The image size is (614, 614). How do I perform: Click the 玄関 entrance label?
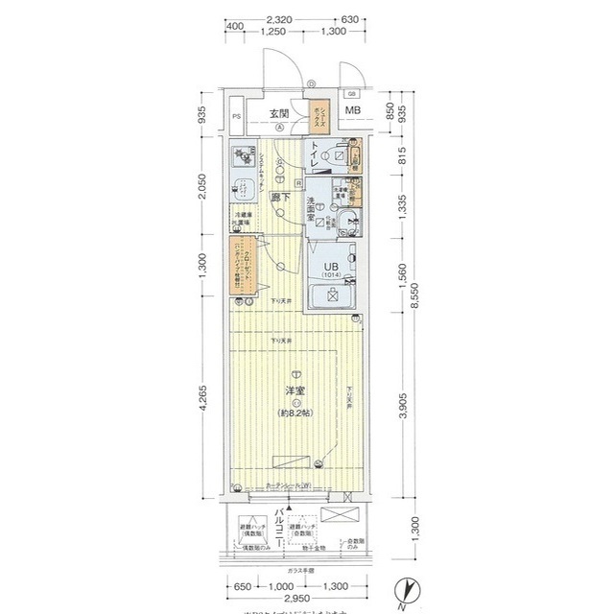[x=279, y=111]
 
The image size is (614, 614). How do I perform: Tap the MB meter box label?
[x=353, y=111]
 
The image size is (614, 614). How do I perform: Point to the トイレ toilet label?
[x=314, y=155]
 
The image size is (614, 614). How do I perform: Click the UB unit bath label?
[x=329, y=268]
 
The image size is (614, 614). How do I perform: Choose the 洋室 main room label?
[x=295, y=391]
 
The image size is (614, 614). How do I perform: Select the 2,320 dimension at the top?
[x=279, y=19]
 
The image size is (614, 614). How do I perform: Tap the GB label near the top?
[x=352, y=93]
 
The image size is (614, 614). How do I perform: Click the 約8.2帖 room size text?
[x=295, y=413]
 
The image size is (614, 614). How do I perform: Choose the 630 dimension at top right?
[x=349, y=19]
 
